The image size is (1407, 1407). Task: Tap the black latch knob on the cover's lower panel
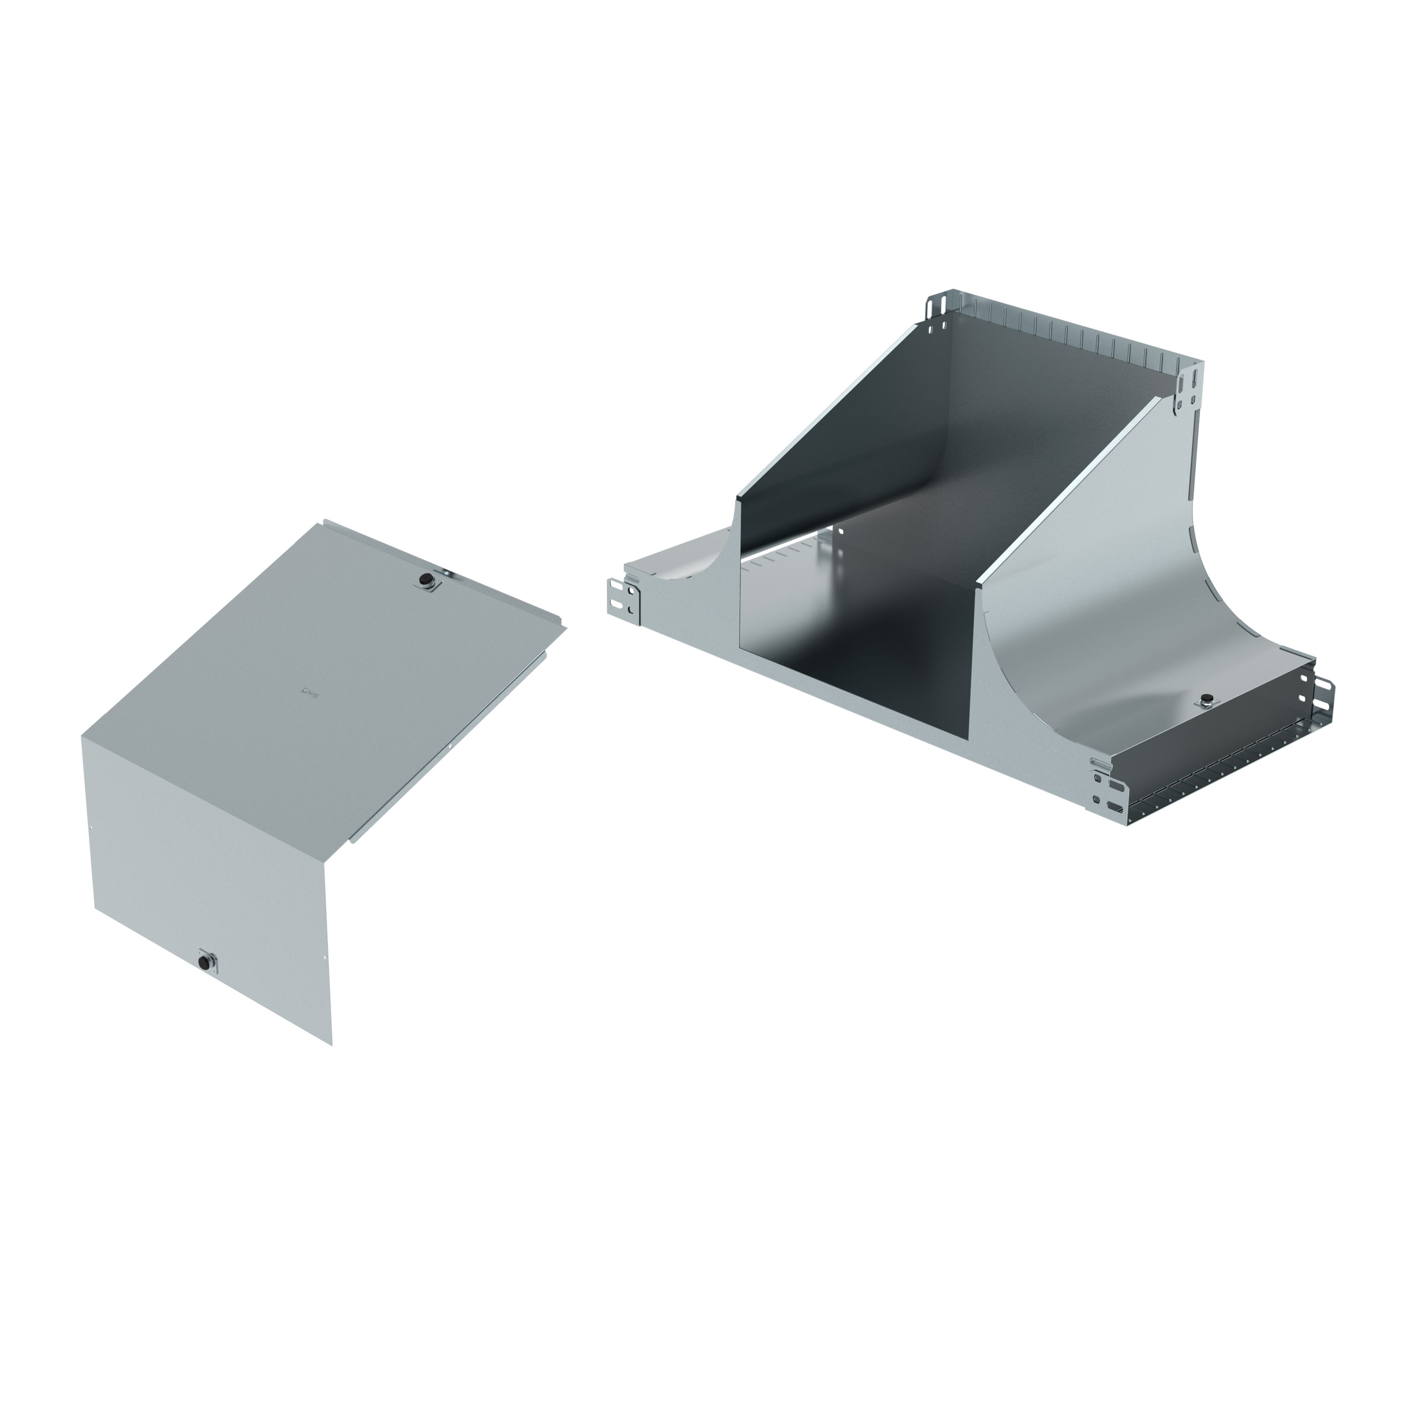coord(205,963)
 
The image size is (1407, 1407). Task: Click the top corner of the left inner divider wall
coord(737,498)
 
